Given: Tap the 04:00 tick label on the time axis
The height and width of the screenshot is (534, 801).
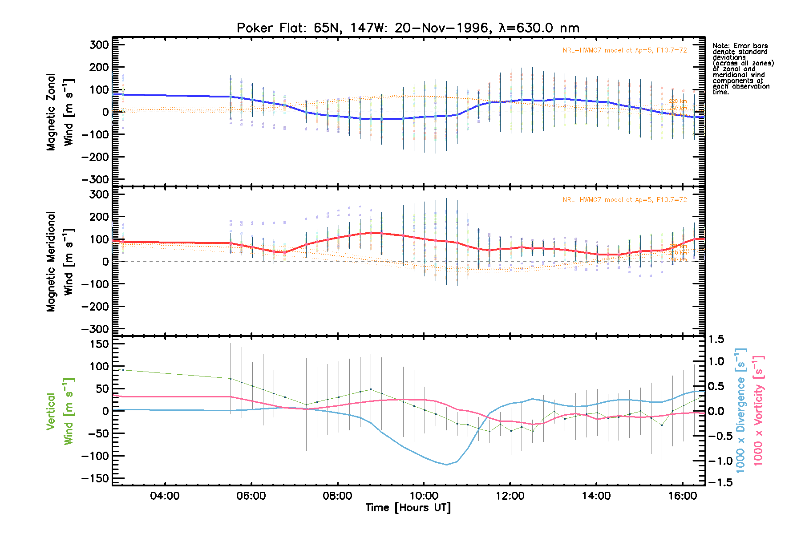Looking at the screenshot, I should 165,496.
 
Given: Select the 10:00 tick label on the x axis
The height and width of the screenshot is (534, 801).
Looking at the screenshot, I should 424,496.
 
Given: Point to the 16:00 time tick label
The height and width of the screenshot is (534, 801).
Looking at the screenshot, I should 683,496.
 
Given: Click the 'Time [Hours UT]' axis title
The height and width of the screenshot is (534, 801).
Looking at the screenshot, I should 408,508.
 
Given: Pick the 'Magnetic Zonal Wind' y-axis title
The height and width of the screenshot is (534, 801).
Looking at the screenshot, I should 60,112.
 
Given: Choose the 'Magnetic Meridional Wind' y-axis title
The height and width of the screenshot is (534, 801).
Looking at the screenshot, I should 60,262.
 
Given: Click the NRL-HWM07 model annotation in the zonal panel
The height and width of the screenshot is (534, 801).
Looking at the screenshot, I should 624,50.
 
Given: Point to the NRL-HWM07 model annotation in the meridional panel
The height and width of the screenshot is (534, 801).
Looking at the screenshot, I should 624,200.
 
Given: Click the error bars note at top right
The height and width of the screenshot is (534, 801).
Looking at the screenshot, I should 743,69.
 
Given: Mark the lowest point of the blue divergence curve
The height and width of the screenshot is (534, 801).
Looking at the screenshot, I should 446,465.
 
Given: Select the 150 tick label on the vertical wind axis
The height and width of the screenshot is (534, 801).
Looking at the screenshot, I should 99,344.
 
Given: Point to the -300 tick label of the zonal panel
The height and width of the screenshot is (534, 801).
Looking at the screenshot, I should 95,179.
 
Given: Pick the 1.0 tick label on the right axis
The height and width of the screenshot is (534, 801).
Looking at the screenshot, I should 716,361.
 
